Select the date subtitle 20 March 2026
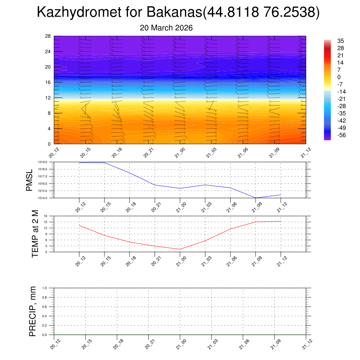click(166, 28)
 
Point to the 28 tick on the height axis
click(48, 36)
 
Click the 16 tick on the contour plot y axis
click(48, 82)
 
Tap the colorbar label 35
click(340, 41)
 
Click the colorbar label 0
click(339, 77)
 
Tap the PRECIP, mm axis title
click(33, 311)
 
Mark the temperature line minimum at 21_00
click(180, 249)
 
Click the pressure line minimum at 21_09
click(256, 198)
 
